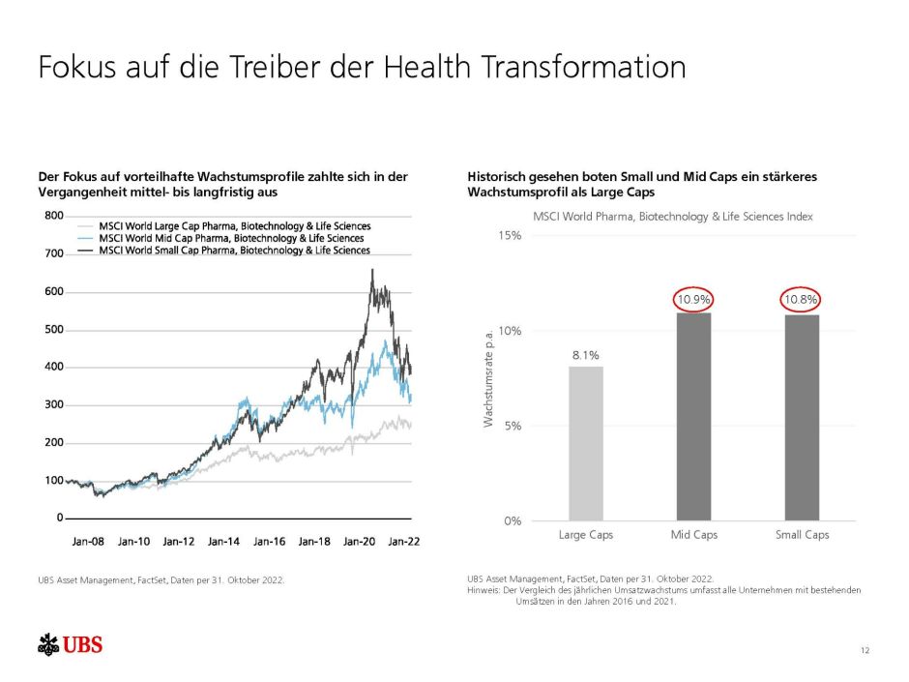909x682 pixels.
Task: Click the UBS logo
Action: [x=70, y=645]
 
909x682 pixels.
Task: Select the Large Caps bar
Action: [x=586, y=443]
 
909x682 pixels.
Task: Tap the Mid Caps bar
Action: [x=692, y=416]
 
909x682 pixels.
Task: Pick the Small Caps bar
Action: [x=801, y=417]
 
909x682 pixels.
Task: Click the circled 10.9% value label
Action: [x=692, y=301]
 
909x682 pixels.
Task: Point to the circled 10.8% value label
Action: [x=801, y=301]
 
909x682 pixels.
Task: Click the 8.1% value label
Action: [x=586, y=355]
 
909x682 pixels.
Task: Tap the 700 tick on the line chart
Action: [x=54, y=253]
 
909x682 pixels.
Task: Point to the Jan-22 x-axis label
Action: [x=403, y=542]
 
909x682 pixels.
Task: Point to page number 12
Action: [x=864, y=650]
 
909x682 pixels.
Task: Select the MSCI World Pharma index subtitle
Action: [x=673, y=217]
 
